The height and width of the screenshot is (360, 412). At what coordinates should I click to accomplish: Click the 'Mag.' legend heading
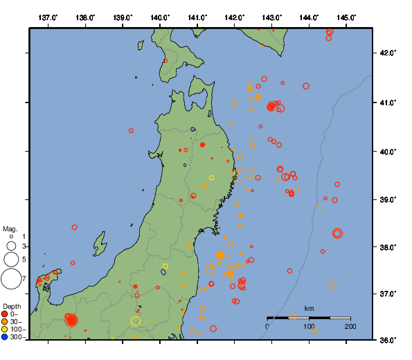coord(10,228)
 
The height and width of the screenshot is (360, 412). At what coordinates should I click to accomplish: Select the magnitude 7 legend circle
coord(11,279)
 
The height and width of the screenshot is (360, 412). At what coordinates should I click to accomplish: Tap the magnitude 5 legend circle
coord(11,259)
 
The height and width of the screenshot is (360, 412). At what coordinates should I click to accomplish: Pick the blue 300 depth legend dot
coord(5,337)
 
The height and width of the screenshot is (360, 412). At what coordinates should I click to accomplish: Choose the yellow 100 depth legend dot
coord(5,330)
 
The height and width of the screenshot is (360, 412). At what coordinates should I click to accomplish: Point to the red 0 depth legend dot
coord(5,314)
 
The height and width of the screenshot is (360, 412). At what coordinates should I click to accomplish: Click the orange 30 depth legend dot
coord(5,322)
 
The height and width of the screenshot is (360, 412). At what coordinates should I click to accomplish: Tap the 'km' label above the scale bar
coord(310,308)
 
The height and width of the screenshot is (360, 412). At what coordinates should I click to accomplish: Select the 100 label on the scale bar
coord(309,325)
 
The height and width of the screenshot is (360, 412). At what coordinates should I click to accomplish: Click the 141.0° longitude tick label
coord(197,17)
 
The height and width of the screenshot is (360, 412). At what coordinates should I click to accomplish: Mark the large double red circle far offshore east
coord(337,233)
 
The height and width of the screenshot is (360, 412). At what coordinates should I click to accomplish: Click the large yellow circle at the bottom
coord(136,321)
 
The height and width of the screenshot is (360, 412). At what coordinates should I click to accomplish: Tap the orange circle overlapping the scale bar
coord(294,316)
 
